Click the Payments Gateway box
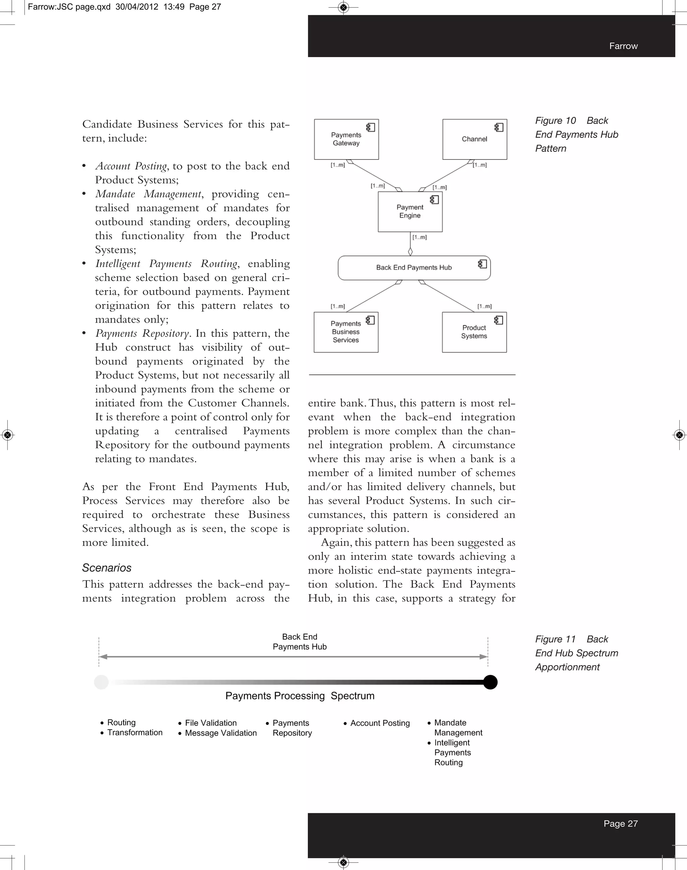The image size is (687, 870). coord(346,139)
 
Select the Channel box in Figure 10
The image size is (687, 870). coord(474,139)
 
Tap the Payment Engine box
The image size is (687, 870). coord(410,212)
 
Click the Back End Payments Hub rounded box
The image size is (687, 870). coord(414,268)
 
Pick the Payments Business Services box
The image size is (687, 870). coord(346,332)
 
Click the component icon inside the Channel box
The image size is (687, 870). coord(499,127)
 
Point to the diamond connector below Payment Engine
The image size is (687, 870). coord(410,252)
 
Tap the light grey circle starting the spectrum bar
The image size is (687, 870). coord(101,682)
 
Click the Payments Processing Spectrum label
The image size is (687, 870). coord(300,696)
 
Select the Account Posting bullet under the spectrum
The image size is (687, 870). coord(380,723)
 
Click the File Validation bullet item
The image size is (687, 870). coord(210,723)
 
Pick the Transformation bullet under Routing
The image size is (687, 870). coord(135,733)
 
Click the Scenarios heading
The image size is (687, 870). coord(107,568)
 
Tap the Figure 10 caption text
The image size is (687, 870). coord(576,134)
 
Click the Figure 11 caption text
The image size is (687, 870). coord(576,653)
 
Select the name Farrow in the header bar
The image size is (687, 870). coord(623,46)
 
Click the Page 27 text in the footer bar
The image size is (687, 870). coord(620,824)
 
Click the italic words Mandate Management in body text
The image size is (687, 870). coord(148,194)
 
